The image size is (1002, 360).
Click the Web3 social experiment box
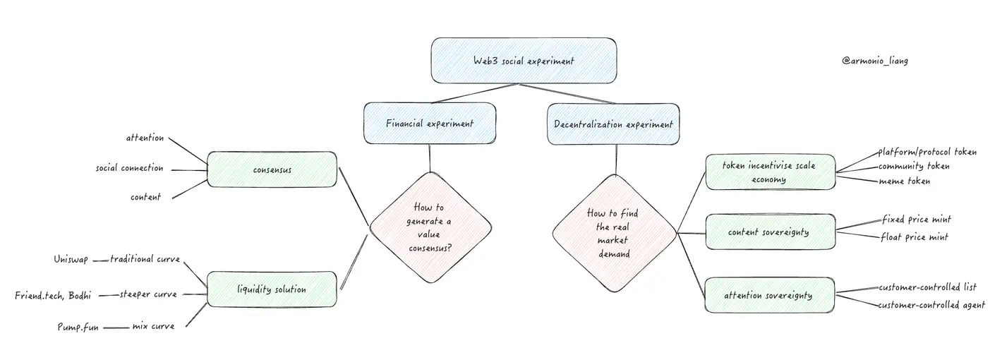[x=524, y=61]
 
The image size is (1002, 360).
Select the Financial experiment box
[x=430, y=124]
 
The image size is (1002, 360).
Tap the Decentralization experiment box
[x=613, y=124]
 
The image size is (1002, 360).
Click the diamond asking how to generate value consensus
[x=430, y=227]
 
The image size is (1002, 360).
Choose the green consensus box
[x=272, y=169]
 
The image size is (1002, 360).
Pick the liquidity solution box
[x=272, y=289]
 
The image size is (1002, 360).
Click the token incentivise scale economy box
[x=770, y=172]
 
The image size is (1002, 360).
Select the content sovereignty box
[x=770, y=232]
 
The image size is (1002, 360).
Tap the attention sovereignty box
[x=770, y=295]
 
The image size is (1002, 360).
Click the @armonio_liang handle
[x=875, y=61]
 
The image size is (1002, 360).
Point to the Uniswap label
[x=71, y=260]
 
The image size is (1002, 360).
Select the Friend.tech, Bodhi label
[x=53, y=294]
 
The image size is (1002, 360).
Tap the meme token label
[x=904, y=181]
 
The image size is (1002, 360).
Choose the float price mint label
[x=915, y=237]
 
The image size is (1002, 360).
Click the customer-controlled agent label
[x=931, y=306]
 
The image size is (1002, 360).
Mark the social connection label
[x=130, y=169]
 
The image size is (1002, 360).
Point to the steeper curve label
[x=148, y=294]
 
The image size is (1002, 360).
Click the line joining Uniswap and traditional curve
[x=100, y=260]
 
